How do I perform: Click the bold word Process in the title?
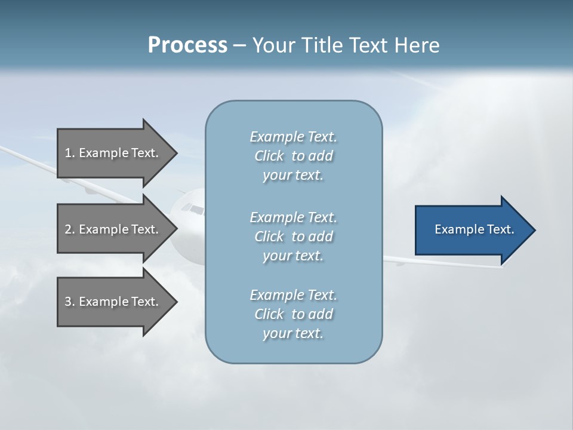187,45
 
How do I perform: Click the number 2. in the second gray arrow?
70,229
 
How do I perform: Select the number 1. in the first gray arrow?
70,153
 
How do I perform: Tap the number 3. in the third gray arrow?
70,302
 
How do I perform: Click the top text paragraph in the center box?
293,156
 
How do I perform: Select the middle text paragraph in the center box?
293,236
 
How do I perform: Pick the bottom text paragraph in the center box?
293,314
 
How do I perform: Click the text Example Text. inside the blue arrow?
474,229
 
